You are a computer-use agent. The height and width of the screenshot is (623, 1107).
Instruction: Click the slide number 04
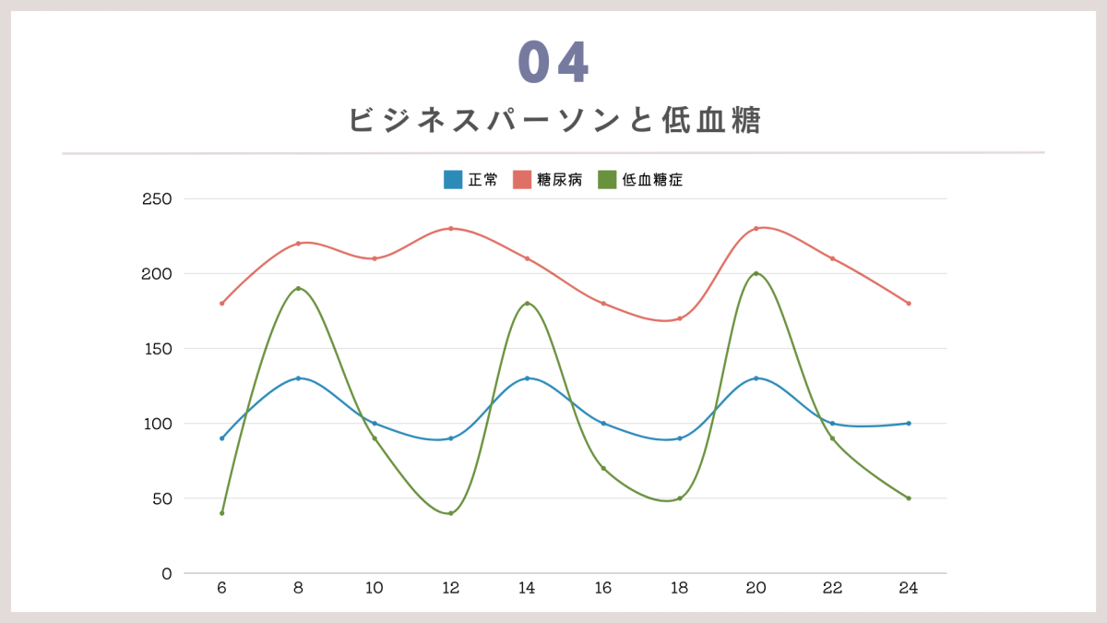[x=553, y=63]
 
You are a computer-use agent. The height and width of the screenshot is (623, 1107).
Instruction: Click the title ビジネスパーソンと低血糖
[x=554, y=121]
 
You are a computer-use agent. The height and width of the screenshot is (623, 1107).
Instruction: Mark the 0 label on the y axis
[x=166, y=573]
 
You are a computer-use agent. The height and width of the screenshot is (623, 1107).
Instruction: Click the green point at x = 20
[x=756, y=273]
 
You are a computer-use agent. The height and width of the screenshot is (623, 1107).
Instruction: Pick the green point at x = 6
[x=221, y=513]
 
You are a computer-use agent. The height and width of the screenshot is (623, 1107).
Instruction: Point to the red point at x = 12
[x=450, y=228]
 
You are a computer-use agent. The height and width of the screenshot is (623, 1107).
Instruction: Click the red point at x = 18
[x=680, y=318]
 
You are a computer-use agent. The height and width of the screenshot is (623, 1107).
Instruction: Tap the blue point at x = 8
[x=298, y=378]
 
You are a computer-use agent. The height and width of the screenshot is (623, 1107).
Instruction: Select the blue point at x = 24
[x=909, y=424]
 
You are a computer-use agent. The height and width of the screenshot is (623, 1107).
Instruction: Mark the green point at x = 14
[x=527, y=304]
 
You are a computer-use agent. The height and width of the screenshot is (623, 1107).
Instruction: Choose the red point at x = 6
[x=221, y=304]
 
